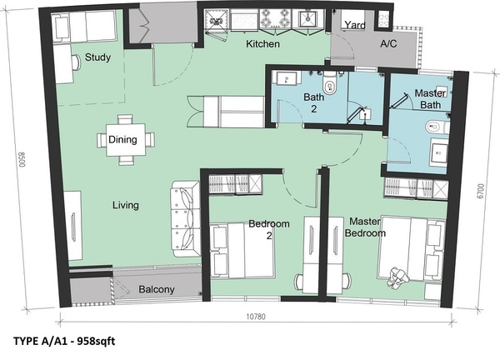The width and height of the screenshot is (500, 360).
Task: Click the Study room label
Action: [97, 57]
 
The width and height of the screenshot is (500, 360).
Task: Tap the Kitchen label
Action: [262, 43]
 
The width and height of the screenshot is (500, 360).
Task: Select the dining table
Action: [126, 140]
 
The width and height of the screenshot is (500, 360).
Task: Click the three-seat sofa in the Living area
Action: [186, 218]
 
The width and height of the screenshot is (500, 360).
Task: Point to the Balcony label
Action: [157, 289]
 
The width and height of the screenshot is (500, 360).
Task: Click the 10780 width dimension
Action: [256, 317]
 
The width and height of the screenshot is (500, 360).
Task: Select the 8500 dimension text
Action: [22, 159]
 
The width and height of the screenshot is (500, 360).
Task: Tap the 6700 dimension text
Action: [481, 191]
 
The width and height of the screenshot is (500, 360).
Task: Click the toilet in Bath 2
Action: [330, 84]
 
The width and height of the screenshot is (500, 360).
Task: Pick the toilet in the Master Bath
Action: [436, 127]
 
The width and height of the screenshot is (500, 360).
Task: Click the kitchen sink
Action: [307, 19]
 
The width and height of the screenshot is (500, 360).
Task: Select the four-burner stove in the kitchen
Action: [275, 17]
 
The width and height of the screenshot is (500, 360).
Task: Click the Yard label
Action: [355, 24]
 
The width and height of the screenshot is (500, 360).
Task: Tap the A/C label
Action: [388, 43]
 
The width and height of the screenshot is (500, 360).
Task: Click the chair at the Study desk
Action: [76, 62]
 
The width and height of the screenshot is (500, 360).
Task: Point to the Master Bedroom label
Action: [365, 227]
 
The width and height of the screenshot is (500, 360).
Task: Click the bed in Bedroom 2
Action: [242, 250]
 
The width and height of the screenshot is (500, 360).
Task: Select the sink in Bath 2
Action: [286, 78]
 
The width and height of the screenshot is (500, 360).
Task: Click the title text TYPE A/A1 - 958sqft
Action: [64, 341]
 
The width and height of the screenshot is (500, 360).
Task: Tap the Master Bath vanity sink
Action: [439, 152]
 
